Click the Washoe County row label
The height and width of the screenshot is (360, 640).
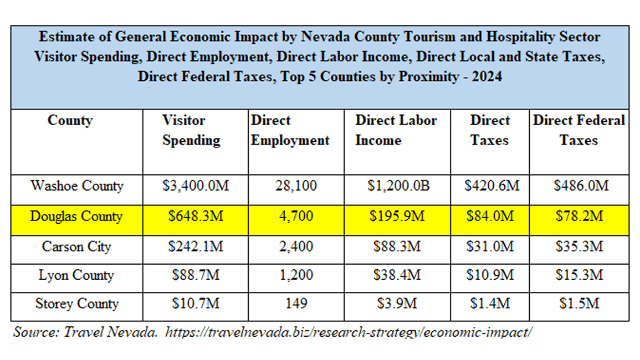coord(76,186)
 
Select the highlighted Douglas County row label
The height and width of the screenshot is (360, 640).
coord(76,217)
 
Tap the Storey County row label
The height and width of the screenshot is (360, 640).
coord(76,304)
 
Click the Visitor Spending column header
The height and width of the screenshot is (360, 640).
coord(191,131)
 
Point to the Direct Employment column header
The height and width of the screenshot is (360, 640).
coord(290,131)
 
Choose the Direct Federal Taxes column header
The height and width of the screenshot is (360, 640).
coord(578,131)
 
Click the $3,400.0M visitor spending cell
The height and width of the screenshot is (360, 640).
coord(196,186)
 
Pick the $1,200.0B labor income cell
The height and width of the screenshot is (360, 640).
coord(398,186)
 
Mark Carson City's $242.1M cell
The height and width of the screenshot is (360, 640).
coord(196,246)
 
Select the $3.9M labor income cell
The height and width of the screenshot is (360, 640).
coord(398,304)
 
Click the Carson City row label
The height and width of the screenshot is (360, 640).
coord(76,246)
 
